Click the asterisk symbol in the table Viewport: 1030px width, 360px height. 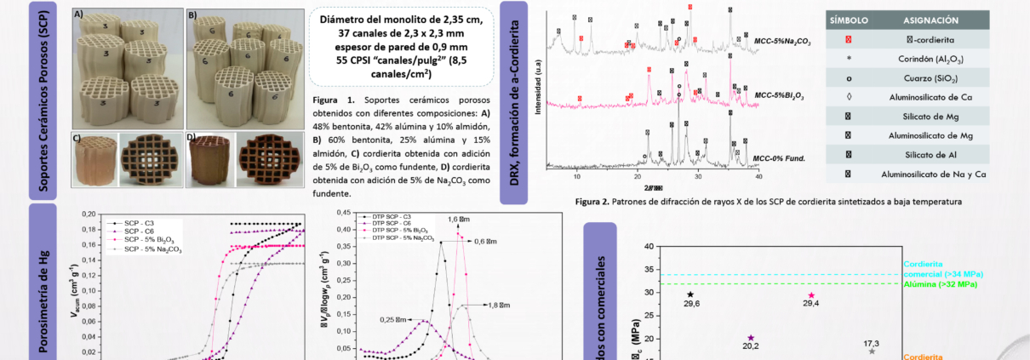pos(849,60)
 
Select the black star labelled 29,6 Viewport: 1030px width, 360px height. pos(690,294)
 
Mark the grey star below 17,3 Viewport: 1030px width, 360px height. pos(872,351)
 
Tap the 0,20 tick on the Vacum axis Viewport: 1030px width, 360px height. pos(91,214)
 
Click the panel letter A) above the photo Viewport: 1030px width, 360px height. pos(77,14)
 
